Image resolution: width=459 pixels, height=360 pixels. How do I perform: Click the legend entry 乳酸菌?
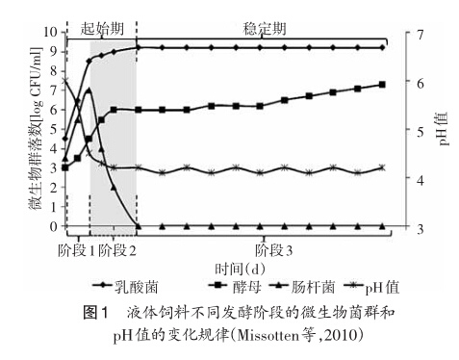pyautogui.click(x=125, y=286)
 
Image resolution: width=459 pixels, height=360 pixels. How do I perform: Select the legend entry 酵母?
pyautogui.click(x=235, y=286)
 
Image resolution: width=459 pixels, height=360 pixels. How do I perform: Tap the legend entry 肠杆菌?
pyautogui.click(x=302, y=286)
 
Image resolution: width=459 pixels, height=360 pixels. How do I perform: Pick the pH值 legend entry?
pyautogui.click(x=371, y=287)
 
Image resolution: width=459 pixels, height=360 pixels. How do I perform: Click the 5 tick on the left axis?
pyautogui.click(x=54, y=129)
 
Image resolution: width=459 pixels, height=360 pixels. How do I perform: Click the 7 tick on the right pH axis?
pyautogui.click(x=421, y=34)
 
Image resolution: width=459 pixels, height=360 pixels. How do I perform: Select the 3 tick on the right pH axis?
pyautogui.click(x=421, y=229)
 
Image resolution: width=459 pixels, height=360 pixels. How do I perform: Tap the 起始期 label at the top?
pyautogui.click(x=102, y=29)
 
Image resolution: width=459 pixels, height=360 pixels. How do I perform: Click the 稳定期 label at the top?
pyautogui.click(x=264, y=29)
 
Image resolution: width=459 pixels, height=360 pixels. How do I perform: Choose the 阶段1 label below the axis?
pyautogui.click(x=76, y=250)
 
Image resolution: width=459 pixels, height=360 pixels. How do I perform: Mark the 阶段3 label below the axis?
pyautogui.click(x=273, y=250)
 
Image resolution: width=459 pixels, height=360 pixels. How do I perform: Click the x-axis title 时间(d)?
pyautogui.click(x=240, y=269)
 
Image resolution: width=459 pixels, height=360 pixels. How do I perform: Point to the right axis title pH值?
pyautogui.click(x=443, y=129)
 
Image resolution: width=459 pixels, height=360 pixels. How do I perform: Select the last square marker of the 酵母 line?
pyautogui.click(x=382, y=85)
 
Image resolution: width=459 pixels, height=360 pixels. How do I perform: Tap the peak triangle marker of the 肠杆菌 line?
pyautogui.click(x=89, y=90)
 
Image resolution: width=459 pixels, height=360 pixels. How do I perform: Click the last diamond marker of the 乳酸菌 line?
pyautogui.click(x=382, y=47)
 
